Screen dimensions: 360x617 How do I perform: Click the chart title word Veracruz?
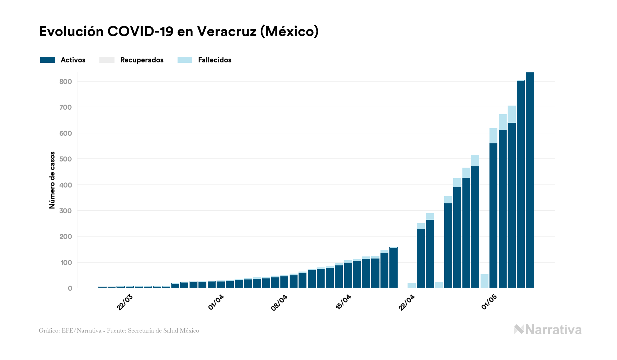[x=226, y=32]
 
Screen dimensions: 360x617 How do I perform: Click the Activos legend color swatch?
[x=47, y=60]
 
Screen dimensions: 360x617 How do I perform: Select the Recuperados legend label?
[x=142, y=60]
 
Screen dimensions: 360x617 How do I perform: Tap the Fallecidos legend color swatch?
[x=185, y=60]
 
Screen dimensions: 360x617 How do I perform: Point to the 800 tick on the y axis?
[x=65, y=82]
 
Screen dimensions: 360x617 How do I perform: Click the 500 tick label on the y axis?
[x=65, y=159]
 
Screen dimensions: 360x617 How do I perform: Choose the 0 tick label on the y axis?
[x=70, y=288]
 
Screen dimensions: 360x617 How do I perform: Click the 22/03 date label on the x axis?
[x=125, y=302]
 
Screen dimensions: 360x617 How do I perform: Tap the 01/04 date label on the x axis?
[x=216, y=302]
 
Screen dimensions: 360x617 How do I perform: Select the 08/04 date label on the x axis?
[x=279, y=303]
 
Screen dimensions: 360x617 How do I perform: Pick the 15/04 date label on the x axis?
[x=343, y=302]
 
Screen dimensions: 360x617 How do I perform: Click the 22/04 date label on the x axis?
[x=407, y=303]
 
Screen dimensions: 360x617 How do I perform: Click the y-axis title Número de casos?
[x=52, y=180]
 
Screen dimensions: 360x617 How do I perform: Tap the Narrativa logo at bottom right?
[x=548, y=330]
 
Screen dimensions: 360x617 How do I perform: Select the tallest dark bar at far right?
[x=530, y=180]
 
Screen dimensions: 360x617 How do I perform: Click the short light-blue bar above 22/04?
[x=411, y=285]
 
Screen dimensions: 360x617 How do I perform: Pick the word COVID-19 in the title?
[x=140, y=32]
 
